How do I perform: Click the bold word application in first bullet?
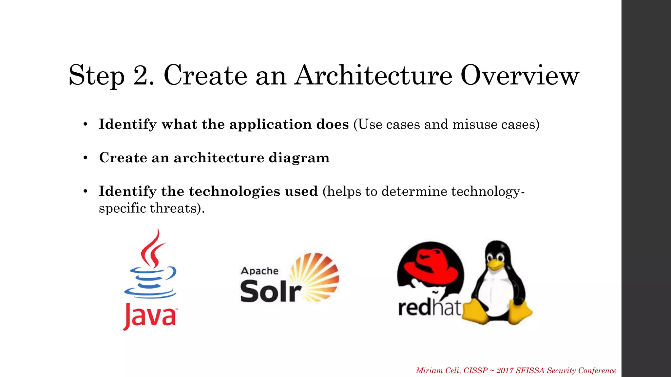(x=270, y=125)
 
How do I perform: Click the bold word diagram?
(x=299, y=158)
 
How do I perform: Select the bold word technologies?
(x=234, y=191)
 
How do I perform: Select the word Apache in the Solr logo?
(x=259, y=271)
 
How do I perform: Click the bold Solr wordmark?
(x=270, y=291)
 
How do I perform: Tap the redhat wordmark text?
(x=429, y=308)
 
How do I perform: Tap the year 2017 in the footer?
(x=505, y=370)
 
